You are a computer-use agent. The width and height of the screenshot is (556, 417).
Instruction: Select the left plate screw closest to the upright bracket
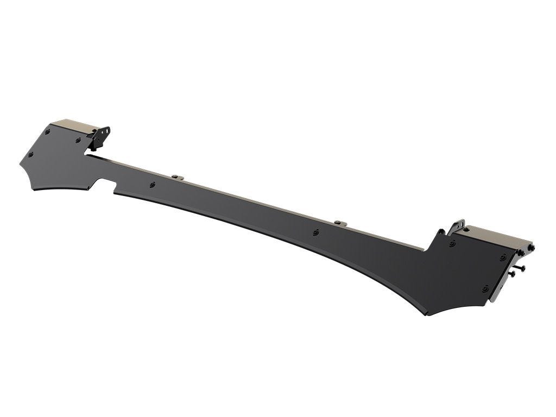click(78, 140)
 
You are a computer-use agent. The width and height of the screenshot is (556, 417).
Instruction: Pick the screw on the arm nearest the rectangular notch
click(153, 184)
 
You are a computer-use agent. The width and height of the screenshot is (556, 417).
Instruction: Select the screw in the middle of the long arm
click(317, 232)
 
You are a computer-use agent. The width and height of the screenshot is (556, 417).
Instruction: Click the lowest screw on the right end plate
click(485, 288)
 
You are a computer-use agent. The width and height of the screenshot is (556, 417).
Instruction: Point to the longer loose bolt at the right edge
click(521, 268)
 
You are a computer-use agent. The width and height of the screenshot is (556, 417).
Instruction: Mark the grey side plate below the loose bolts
click(501, 282)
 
